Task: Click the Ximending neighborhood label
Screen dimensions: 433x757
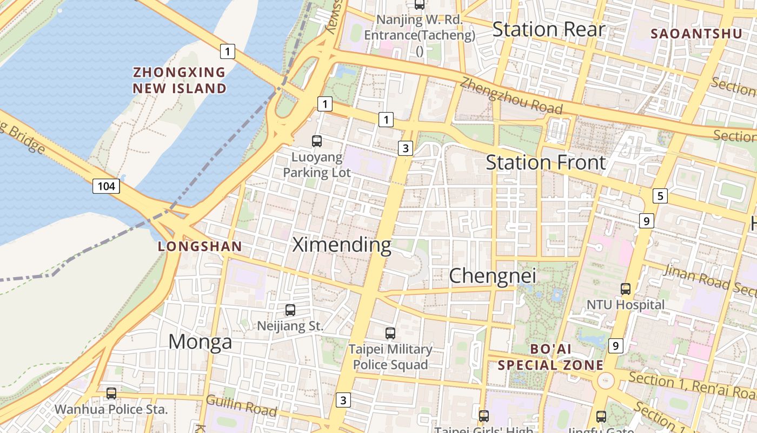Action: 342,245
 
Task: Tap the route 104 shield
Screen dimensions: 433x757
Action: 106,186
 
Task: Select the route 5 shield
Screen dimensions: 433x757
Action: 660,196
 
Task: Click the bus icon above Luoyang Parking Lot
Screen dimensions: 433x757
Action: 317,141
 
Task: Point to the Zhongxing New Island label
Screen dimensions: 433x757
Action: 180,80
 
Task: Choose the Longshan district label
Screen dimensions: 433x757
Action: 200,247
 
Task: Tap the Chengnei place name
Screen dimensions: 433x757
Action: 493,276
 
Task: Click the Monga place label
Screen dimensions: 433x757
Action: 200,342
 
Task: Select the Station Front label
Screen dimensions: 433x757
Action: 546,162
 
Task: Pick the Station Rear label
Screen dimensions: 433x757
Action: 548,29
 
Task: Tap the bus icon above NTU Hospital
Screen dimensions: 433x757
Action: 626,289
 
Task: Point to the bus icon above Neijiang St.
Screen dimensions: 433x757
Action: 290,310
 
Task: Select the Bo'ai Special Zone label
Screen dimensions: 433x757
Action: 550,357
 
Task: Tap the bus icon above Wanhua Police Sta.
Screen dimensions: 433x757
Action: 111,393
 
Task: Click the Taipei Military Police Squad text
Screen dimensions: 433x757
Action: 390,357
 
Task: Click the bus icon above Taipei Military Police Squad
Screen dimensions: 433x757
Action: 390,333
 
